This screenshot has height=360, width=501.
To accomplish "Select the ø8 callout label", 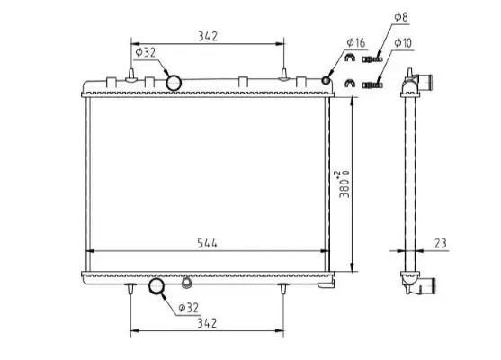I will [x=399, y=16].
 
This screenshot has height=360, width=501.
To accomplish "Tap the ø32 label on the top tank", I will [x=145, y=52].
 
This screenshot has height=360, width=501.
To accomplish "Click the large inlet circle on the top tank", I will [x=173, y=83].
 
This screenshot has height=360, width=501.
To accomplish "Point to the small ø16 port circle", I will [x=328, y=83].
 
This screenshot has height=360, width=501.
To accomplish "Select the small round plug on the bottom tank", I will [x=186, y=283].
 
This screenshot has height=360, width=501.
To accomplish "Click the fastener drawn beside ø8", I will [x=371, y=60].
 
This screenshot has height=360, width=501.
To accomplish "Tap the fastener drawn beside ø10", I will [x=371, y=85].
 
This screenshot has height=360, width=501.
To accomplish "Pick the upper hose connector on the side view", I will [x=422, y=84].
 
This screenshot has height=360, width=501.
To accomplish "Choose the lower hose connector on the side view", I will [x=422, y=287].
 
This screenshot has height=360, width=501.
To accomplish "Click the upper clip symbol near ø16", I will [x=350, y=60].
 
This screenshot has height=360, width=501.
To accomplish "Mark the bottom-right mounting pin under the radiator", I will [x=285, y=290].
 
